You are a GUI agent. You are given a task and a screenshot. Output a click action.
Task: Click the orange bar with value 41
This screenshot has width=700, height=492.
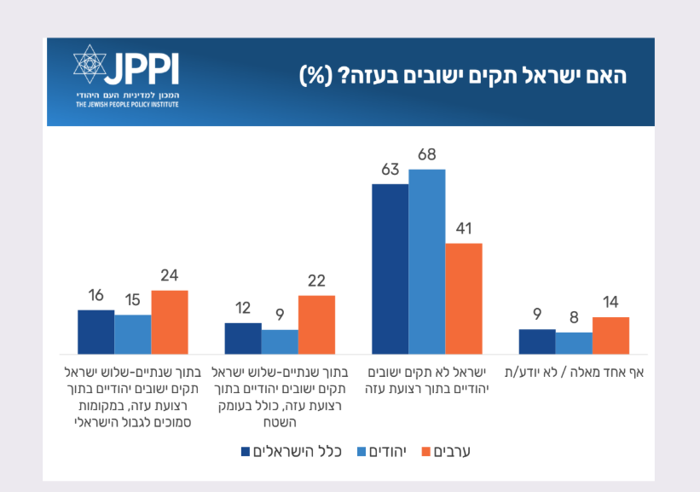(x=464, y=298)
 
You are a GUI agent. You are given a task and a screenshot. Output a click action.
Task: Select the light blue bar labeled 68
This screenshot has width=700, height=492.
(x=427, y=261)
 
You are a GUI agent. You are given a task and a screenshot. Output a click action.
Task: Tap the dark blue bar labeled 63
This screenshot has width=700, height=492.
(x=390, y=269)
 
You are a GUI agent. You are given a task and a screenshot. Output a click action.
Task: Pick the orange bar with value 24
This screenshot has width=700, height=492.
(x=170, y=321)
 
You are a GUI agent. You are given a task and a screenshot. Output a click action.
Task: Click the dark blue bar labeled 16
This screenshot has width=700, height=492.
(x=95, y=332)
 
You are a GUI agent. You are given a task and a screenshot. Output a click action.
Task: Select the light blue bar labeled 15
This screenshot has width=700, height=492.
(x=133, y=334)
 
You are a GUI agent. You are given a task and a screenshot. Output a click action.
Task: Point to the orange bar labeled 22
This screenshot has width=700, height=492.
(x=316, y=324)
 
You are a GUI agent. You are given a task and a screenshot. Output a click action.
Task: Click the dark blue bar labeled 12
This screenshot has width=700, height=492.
(x=243, y=338)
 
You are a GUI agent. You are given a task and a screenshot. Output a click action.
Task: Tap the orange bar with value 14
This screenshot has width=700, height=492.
(x=610, y=335)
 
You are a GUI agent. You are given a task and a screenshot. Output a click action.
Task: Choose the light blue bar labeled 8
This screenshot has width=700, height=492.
(x=574, y=343)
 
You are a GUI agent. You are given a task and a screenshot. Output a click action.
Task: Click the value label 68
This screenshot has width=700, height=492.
(x=427, y=156)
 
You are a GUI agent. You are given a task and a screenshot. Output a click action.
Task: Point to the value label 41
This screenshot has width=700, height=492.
(x=464, y=229)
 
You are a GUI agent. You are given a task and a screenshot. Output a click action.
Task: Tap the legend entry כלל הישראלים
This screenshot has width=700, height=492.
(x=292, y=451)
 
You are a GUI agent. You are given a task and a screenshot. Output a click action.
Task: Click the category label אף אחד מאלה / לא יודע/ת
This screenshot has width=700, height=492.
(x=574, y=373)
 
